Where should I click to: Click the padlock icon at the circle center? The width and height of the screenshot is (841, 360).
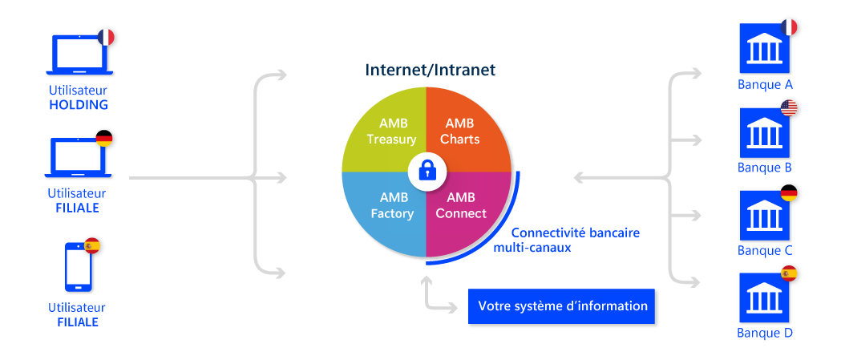coord(426,171)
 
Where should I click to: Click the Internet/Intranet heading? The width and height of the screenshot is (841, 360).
coord(431,70)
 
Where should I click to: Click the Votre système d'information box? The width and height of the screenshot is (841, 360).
coord(561,306)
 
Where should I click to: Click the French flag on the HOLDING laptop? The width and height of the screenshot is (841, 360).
coord(105,37)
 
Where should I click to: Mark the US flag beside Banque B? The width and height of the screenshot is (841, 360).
coord(789,109)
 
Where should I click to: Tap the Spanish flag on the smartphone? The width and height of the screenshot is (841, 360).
coord(92,245)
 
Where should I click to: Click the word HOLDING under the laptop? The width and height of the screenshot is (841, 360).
coord(78,105)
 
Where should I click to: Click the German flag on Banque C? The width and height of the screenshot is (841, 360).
coord(789,193)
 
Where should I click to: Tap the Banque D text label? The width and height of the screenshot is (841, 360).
coord(765,334)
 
